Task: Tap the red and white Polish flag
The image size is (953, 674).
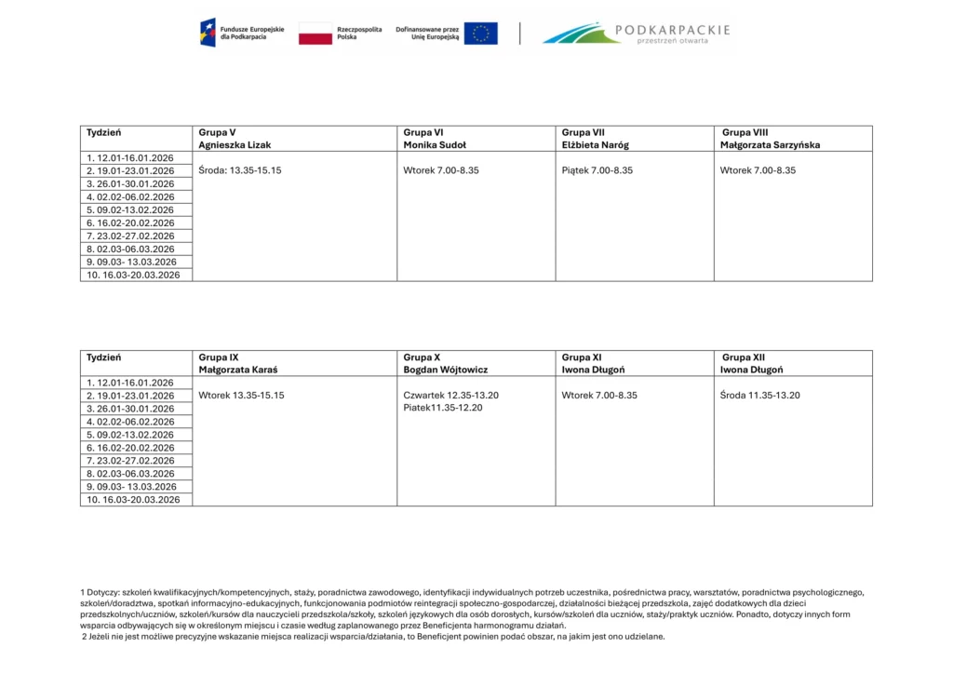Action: [315, 34]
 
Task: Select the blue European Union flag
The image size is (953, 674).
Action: [480, 34]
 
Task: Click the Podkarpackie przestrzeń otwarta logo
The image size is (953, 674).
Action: [636, 34]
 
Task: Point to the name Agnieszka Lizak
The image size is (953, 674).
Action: [235, 145]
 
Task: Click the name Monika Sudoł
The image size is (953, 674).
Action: [435, 145]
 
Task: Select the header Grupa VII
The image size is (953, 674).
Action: [584, 132]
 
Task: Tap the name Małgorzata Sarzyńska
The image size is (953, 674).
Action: [770, 145]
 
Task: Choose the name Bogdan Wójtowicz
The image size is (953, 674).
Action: [446, 370]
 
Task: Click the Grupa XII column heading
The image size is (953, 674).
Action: [744, 357]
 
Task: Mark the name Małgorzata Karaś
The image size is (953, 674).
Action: [238, 370]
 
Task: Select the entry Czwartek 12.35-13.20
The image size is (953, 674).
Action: [450, 396]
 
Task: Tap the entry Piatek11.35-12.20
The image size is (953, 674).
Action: [443, 408]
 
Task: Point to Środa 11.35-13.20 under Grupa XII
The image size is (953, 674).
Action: [760, 396]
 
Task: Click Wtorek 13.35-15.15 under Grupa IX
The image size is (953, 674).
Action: [241, 396]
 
